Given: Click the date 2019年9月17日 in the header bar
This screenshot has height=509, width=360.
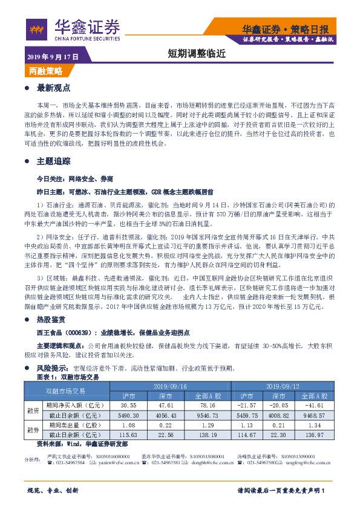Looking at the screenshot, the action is click(x=53, y=56).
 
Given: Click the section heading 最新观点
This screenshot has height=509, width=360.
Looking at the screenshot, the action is click(x=54, y=88).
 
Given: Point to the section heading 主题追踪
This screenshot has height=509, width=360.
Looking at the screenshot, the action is click(x=54, y=161).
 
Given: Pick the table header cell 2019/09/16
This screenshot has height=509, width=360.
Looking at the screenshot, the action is click(x=171, y=385).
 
